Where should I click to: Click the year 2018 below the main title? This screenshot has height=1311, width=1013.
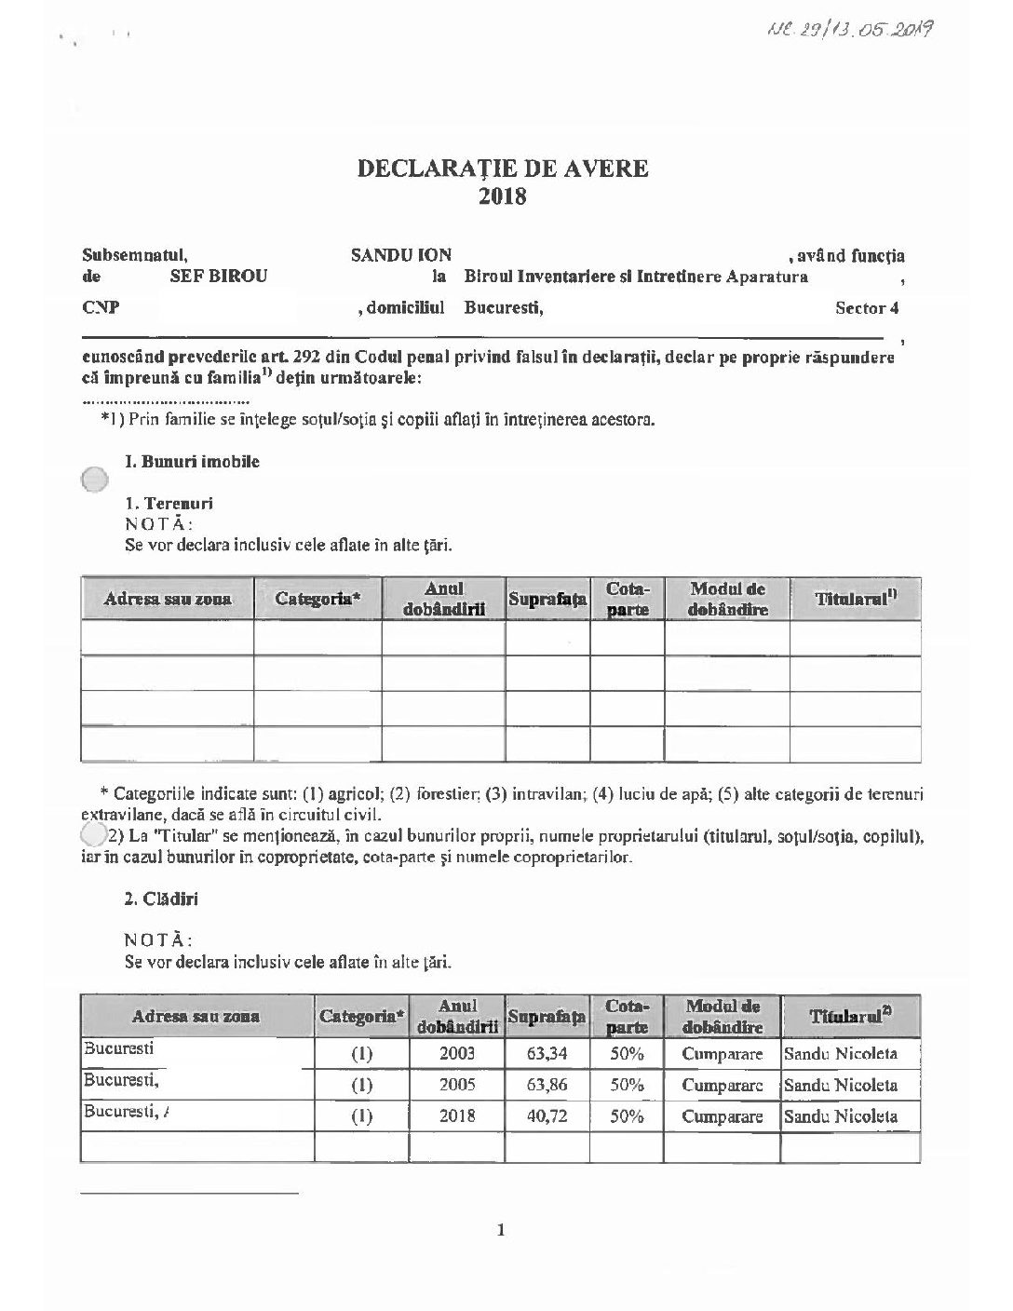[x=503, y=196]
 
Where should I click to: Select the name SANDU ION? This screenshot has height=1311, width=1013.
[x=401, y=255]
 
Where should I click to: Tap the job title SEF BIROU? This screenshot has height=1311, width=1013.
[x=219, y=277]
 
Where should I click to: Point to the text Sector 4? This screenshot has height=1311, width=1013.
[x=867, y=308]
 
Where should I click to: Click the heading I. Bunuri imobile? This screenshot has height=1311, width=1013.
[x=193, y=462]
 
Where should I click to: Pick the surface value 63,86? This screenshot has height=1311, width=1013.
[x=547, y=1085]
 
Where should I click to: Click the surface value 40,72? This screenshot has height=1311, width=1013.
[x=547, y=1115]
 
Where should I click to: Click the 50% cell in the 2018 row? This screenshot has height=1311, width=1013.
[x=627, y=1115]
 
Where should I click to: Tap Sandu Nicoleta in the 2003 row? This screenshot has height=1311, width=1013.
[x=841, y=1054]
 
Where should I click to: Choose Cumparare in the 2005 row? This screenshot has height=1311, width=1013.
[x=723, y=1085]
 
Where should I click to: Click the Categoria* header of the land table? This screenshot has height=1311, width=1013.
[x=317, y=599]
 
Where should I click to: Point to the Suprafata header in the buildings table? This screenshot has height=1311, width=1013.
[x=547, y=1017]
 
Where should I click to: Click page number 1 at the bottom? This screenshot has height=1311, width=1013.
[x=502, y=1230]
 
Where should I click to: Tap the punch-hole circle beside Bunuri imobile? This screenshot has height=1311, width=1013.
[x=94, y=479]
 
